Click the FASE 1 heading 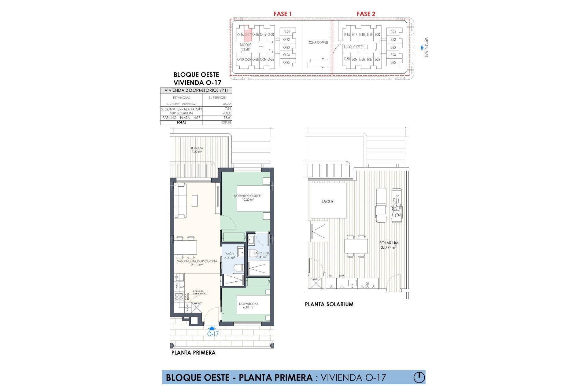pyautogui.click(x=282, y=14)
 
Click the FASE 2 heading pyautogui.click(x=366, y=14)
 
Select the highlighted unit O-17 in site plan pyautogui.click(x=248, y=34)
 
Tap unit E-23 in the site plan pyautogui.click(x=393, y=47)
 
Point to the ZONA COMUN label pyautogui.click(x=318, y=42)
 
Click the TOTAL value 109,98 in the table pyautogui.click(x=226, y=122)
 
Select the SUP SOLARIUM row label pyautogui.click(x=181, y=113)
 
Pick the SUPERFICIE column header pyautogui.click(x=217, y=98)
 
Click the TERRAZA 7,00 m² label pyautogui.click(x=197, y=150)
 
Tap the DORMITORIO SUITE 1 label pyautogui.click(x=248, y=197)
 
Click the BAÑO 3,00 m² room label pyautogui.click(x=230, y=256)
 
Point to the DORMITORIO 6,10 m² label pyautogui.click(x=248, y=305)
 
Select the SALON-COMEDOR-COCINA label pyautogui.click(x=197, y=263)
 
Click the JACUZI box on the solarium pyautogui.click(x=328, y=201)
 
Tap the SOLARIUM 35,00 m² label pyautogui.click(x=389, y=245)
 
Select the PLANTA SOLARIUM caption pyautogui.click(x=329, y=304)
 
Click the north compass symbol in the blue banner pyautogui.click(x=419, y=377)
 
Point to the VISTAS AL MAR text pyautogui.click(x=426, y=47)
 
